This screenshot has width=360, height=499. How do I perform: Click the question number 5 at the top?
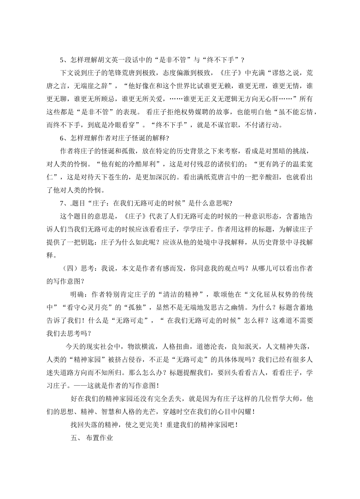pyautogui.click(x=62, y=60)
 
